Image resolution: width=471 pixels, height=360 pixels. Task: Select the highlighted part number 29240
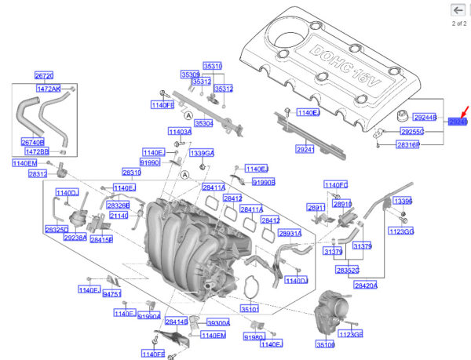click(458, 122)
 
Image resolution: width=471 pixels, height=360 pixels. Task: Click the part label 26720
click(44, 76)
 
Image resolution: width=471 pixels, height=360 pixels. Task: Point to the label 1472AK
click(50, 89)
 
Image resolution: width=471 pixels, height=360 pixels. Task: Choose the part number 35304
click(204, 123)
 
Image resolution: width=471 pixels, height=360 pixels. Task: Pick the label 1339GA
click(203, 152)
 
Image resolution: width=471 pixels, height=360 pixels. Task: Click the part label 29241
click(305, 149)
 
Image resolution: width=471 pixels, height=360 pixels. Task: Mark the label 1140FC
click(336, 184)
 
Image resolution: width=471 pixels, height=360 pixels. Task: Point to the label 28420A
click(366, 285)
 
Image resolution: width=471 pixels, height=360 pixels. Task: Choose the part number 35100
click(325, 344)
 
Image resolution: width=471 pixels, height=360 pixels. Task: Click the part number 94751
click(112, 294)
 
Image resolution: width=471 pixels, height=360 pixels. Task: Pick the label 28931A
click(290, 234)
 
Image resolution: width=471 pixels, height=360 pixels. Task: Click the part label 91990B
click(264, 182)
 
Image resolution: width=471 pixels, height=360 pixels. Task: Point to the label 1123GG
click(400, 231)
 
